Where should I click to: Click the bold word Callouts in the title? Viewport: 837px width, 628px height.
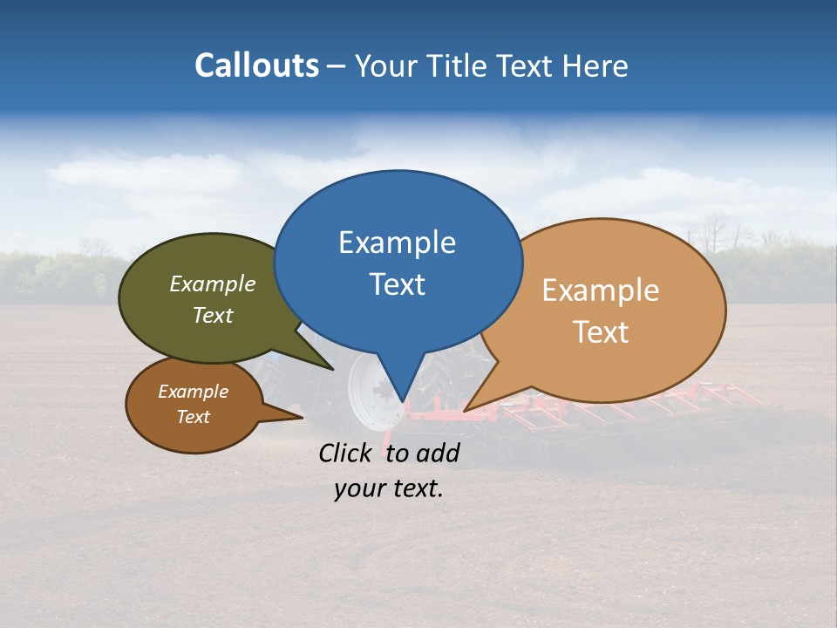pyautogui.click(x=256, y=65)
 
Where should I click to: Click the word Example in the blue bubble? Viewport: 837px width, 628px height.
pyautogui.click(x=397, y=242)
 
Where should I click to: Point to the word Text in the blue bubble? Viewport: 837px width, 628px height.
pyautogui.click(x=397, y=283)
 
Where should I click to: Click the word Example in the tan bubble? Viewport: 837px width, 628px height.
pyautogui.click(x=601, y=290)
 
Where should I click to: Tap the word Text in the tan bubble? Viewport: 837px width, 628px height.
pyautogui.click(x=601, y=331)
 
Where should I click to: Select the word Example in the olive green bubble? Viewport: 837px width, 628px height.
pyautogui.click(x=212, y=283)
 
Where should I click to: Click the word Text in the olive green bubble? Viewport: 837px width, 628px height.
pyautogui.click(x=212, y=315)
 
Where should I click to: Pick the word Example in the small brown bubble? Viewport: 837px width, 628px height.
pyautogui.click(x=193, y=392)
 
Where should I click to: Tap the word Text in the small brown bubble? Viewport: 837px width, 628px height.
pyautogui.click(x=193, y=417)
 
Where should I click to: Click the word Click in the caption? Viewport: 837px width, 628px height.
pyautogui.click(x=347, y=453)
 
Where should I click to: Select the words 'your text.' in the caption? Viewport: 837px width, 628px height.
pyautogui.click(x=388, y=489)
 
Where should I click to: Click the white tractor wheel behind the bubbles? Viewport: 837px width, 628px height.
pyautogui.click(x=366, y=392)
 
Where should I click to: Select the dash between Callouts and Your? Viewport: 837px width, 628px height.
pyautogui.click(x=337, y=65)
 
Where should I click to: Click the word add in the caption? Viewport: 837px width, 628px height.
pyautogui.click(x=438, y=453)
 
